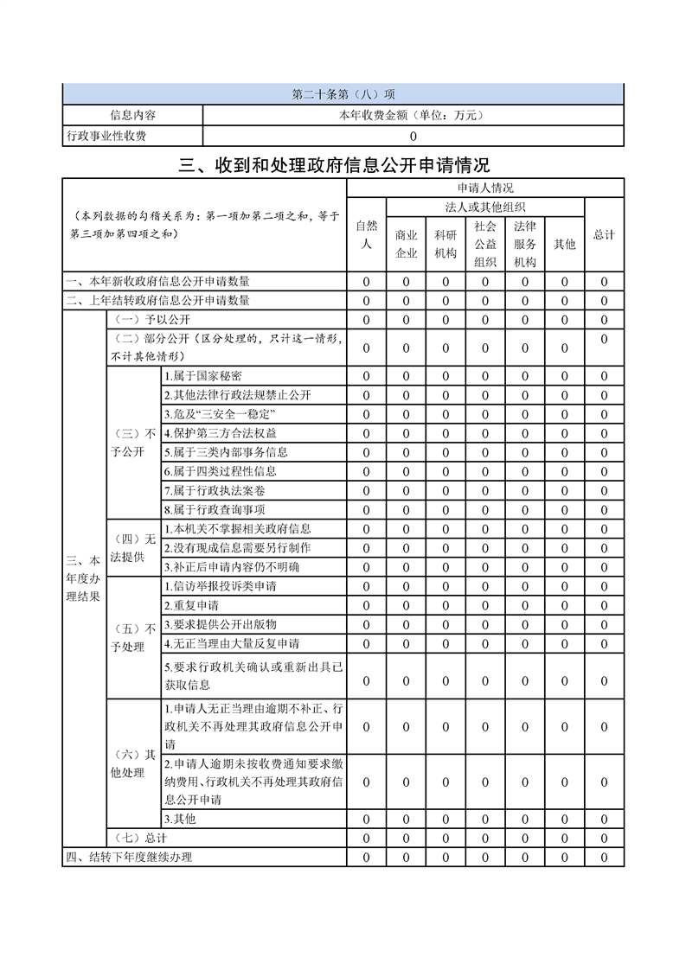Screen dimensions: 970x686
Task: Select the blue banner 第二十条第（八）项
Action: pos(343,94)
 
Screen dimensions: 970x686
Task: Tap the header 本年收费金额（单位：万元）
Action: pos(413,115)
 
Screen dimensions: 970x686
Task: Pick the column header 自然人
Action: pos(366,234)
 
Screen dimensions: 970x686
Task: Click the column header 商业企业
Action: pos(406,244)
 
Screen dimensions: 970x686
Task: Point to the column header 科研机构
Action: pos(446,244)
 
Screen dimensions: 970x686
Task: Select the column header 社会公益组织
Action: pos(484,244)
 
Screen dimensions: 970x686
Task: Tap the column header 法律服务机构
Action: pos(524,244)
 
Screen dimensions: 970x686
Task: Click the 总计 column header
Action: pos(604,234)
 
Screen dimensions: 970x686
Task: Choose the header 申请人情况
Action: pos(485,188)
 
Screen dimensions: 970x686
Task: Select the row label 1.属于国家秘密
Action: pos(203,376)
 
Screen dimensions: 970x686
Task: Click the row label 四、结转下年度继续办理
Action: pos(130,858)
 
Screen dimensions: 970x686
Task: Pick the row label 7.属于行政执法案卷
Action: pos(215,490)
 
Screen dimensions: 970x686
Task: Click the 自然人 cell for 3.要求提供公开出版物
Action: pos(366,624)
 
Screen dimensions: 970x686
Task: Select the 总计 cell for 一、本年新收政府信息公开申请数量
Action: pos(604,281)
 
